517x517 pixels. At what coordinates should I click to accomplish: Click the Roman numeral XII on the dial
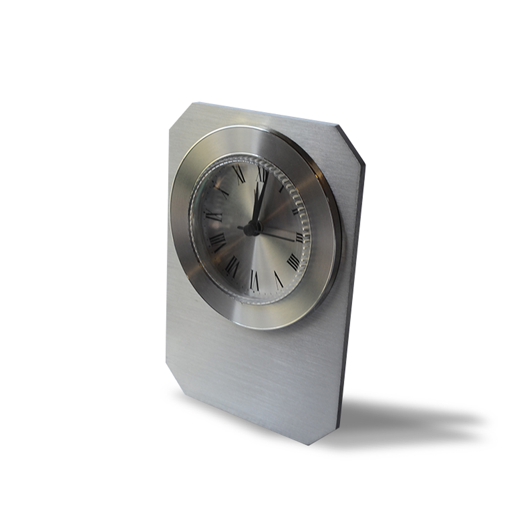pyautogui.click(x=262, y=175)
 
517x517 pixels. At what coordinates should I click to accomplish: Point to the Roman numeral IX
pyautogui.click(x=213, y=215)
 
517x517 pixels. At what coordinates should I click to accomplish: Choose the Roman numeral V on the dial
pyautogui.click(x=278, y=280)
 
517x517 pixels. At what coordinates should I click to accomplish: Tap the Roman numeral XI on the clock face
pyautogui.click(x=239, y=175)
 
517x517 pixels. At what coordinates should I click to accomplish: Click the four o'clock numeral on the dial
pyautogui.click(x=293, y=262)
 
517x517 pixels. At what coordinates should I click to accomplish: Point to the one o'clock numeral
pyautogui.click(x=282, y=188)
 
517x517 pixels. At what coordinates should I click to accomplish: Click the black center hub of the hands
pyautogui.click(x=252, y=229)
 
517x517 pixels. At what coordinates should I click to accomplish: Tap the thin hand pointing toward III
pyautogui.click(x=279, y=235)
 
